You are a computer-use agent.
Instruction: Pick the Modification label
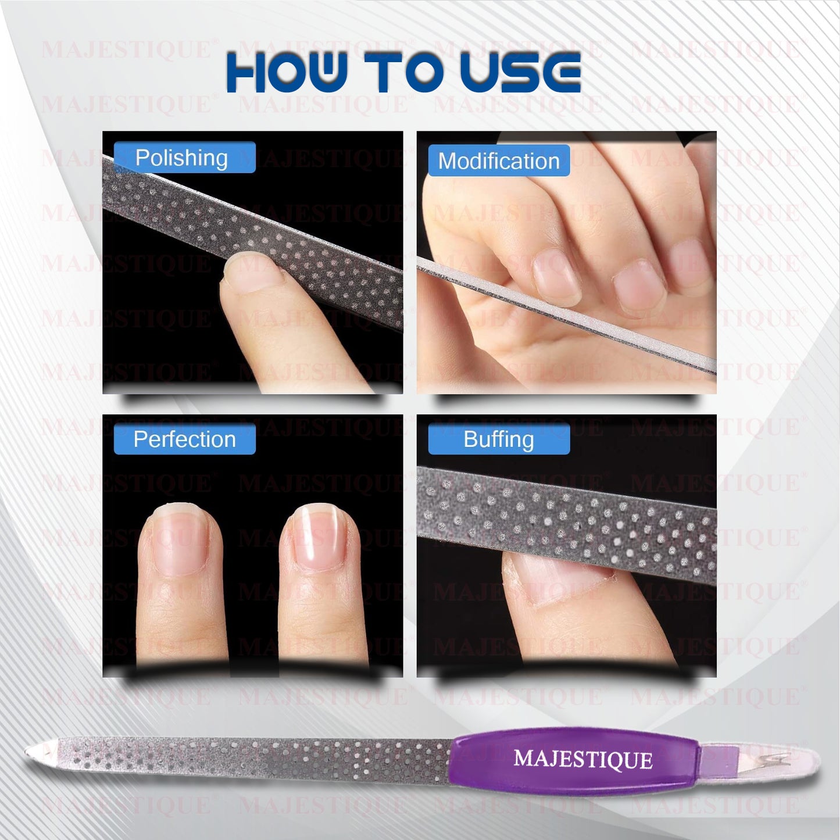tap(499, 161)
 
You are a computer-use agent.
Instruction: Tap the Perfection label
tap(185, 439)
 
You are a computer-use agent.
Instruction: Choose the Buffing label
tap(499, 439)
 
